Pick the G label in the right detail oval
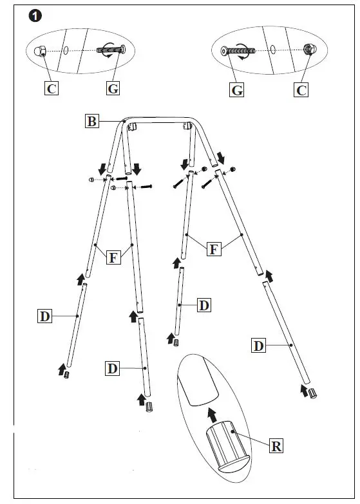[237, 91]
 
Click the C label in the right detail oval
[301, 90]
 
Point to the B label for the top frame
[92, 121]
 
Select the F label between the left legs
[113, 258]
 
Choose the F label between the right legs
[214, 249]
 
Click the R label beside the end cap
[276, 445]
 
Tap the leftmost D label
[44, 316]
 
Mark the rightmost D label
[258, 346]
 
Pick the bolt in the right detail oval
[236, 50]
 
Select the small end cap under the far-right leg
[312, 393]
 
